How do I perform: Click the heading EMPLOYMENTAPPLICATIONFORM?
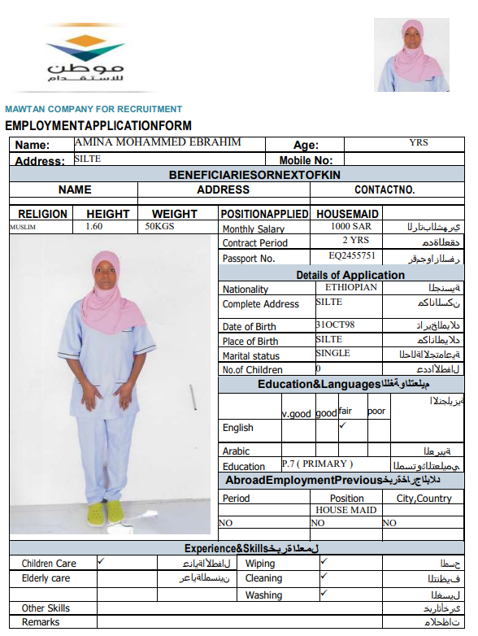[98, 126]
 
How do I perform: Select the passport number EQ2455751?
[352, 256]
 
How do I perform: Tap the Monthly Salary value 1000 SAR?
[351, 228]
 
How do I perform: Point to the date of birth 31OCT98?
[335, 325]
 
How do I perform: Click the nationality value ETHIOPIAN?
[351, 287]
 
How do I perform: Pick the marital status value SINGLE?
[332, 354]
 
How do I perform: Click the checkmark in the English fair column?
[343, 425]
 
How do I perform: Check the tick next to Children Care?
[102, 561]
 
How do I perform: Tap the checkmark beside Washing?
[324, 593]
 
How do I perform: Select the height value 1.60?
[94, 227]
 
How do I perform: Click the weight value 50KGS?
[160, 227]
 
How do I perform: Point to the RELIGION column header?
[42, 214]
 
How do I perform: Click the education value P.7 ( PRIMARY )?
[317, 464]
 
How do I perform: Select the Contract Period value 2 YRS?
[355, 242]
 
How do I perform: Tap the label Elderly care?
[46, 578]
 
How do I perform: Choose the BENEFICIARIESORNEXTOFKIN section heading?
[254, 175]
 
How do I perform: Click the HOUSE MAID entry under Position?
[345, 510]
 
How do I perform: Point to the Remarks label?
[41, 622]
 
